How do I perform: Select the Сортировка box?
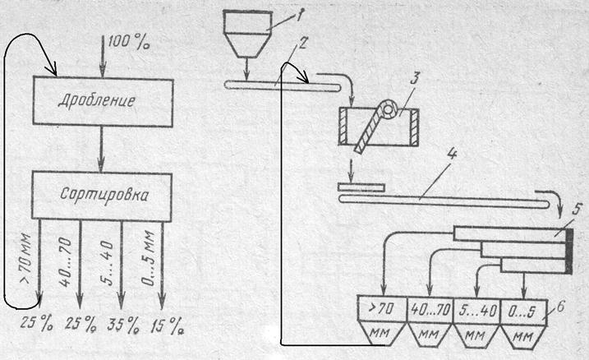tap(102, 196)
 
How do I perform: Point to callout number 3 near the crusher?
tap(416, 80)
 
